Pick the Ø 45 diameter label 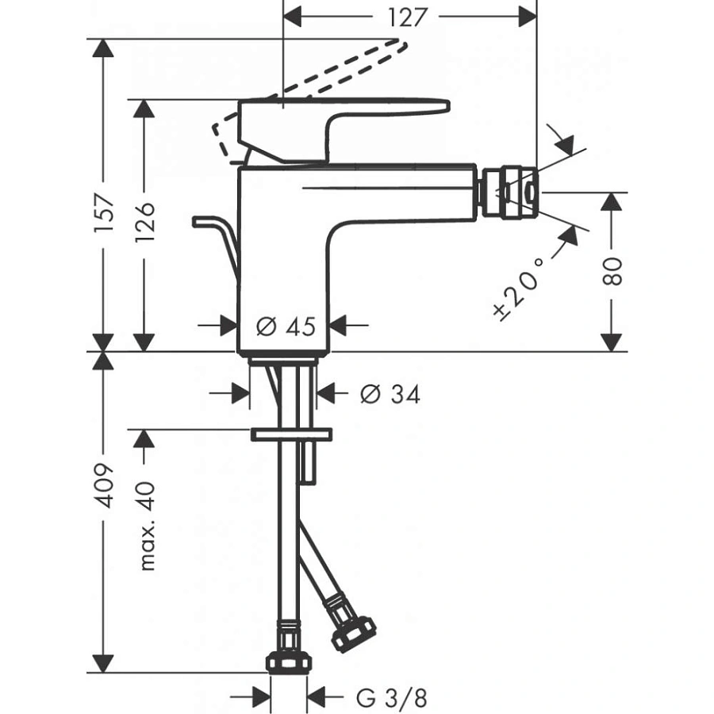tap(286, 324)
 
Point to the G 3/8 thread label tap(391, 698)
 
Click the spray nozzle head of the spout tap(509, 191)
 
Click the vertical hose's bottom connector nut tap(288, 658)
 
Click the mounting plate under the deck tap(291, 435)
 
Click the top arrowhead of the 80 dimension tap(610, 202)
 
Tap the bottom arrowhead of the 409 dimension tap(102, 662)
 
